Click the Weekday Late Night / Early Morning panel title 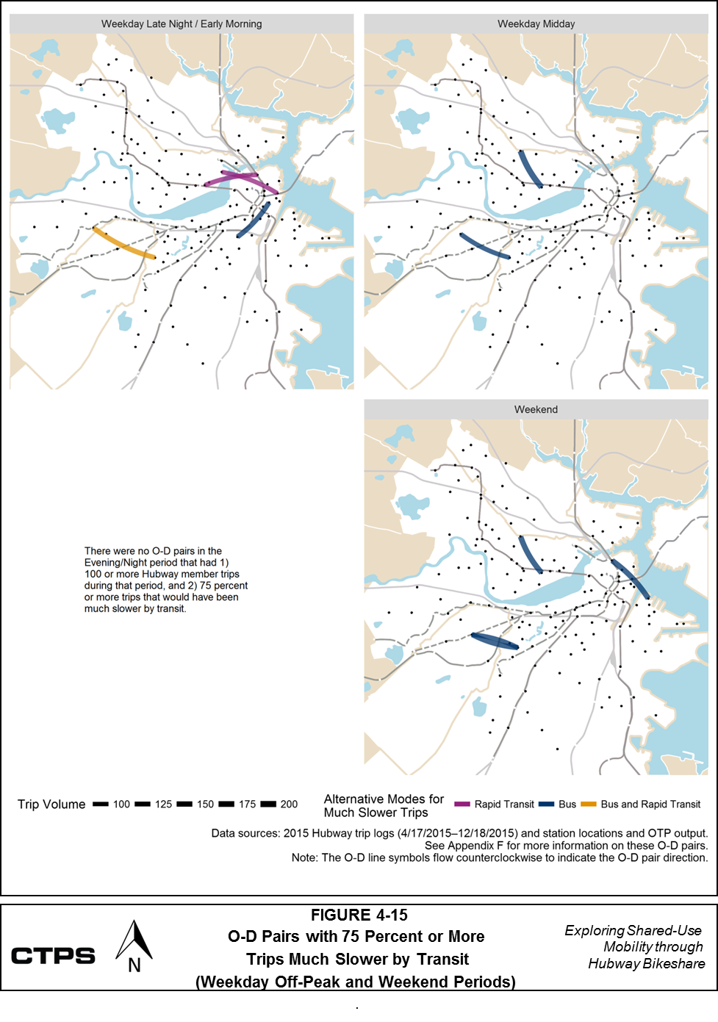coord(182,24)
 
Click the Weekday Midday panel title coord(536,24)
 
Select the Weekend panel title coord(536,409)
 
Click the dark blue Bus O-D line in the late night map coord(254,220)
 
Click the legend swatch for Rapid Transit coord(462,805)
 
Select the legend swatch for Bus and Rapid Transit coord(589,805)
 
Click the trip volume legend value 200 coord(289,805)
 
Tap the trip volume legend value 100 coord(121,805)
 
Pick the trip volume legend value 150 coord(205,805)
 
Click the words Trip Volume coord(51,805)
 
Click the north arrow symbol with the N coord(134,947)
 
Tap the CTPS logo coord(53,956)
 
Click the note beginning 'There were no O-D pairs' coord(165,580)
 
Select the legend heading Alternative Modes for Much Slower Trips coord(384,805)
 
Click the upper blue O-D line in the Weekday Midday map coord(530,169)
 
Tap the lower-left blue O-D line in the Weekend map coord(495,641)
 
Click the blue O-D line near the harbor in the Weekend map coord(631,579)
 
